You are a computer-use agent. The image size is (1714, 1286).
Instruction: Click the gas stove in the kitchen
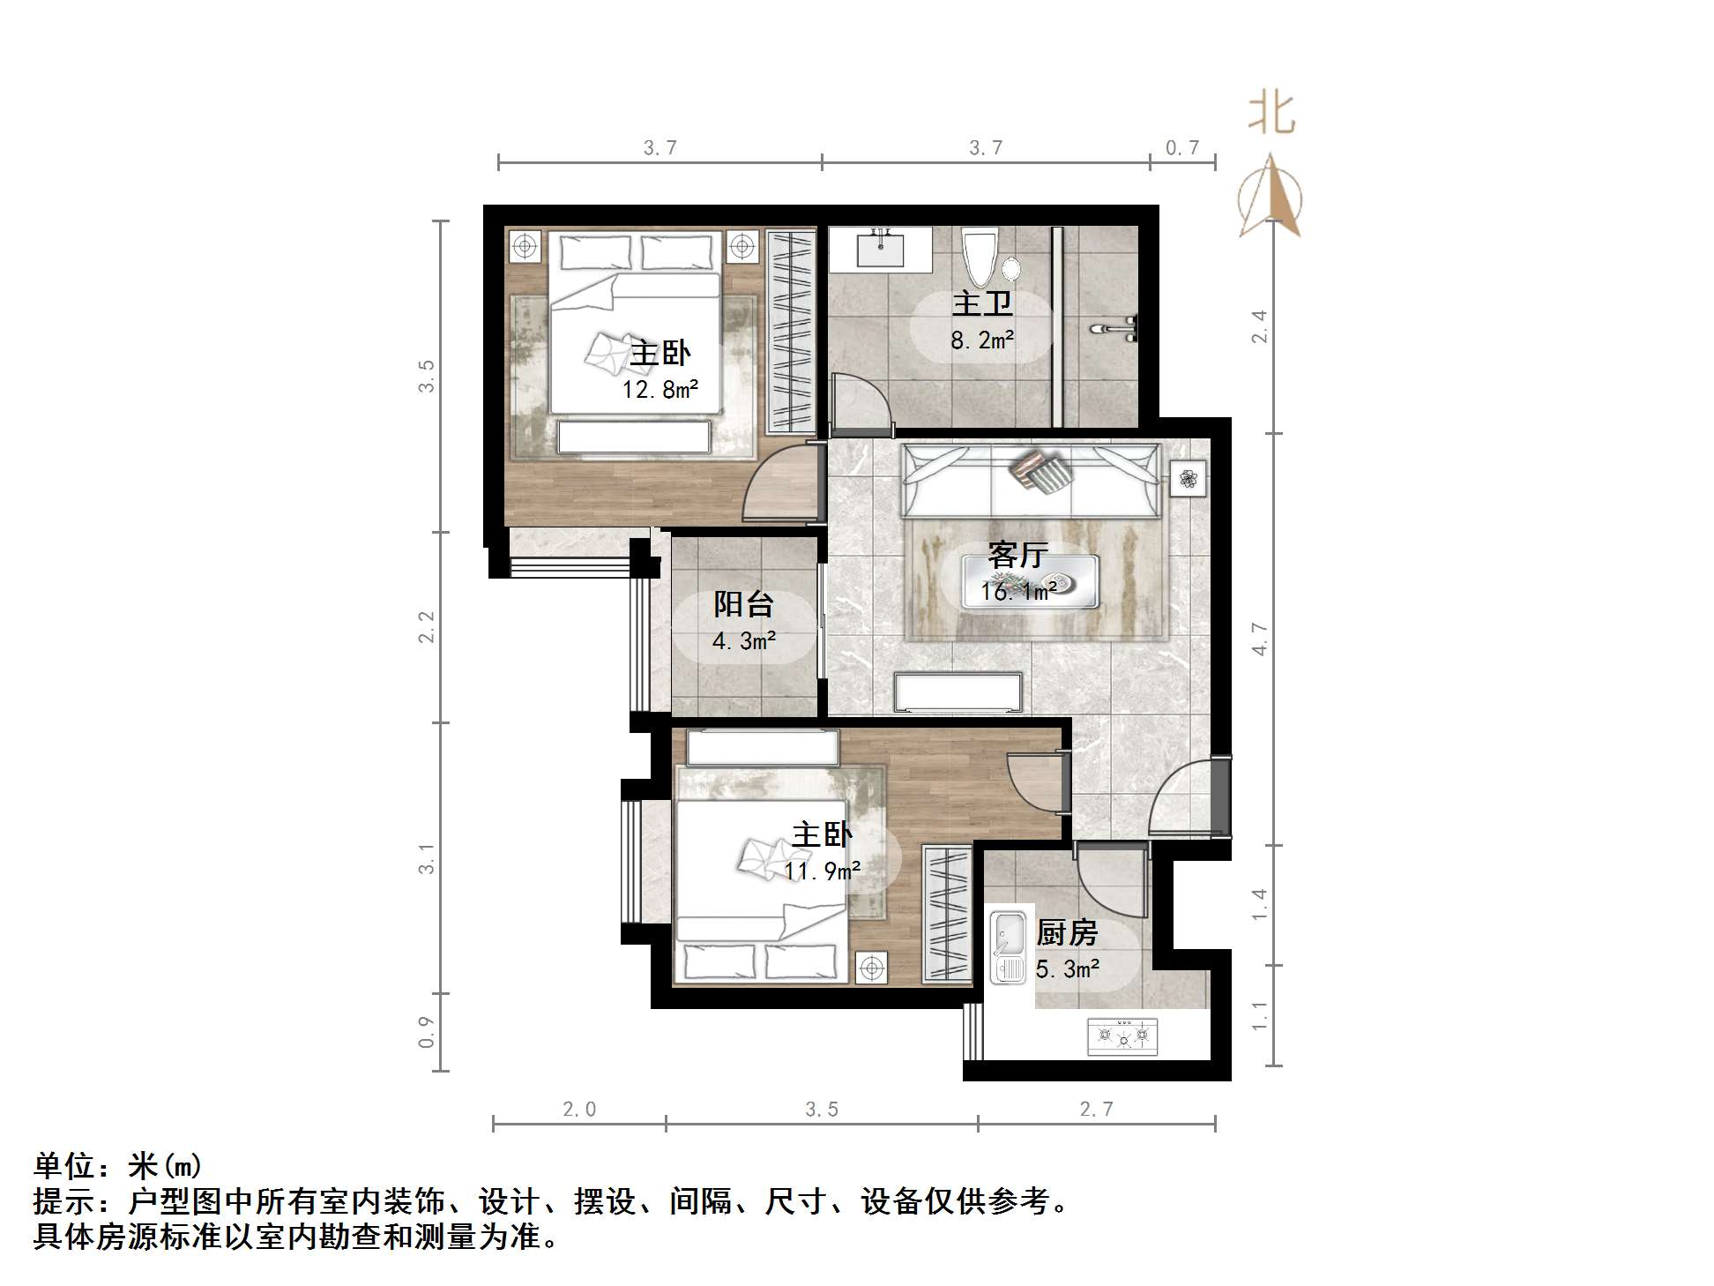pyautogui.click(x=1122, y=1036)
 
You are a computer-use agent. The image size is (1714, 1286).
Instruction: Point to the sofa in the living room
pyautogui.click(x=1031, y=482)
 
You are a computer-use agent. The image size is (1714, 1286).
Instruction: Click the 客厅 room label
pyautogui.click(x=1017, y=556)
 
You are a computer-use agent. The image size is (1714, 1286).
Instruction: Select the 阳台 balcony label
pyautogui.click(x=743, y=605)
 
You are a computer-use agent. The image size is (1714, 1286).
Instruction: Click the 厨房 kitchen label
pyautogui.click(x=1067, y=932)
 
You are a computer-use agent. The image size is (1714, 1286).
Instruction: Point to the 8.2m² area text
pyautogui.click(x=982, y=340)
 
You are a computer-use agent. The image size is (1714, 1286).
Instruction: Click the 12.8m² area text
pyautogui.click(x=660, y=389)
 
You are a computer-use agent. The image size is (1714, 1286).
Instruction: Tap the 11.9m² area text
pyautogui.click(x=823, y=871)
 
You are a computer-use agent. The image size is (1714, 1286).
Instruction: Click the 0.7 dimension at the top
pyautogui.click(x=1182, y=147)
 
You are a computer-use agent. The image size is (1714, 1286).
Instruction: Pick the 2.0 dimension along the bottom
pyautogui.click(x=579, y=1109)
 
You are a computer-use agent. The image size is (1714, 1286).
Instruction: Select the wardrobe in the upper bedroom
pyautogui.click(x=790, y=331)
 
